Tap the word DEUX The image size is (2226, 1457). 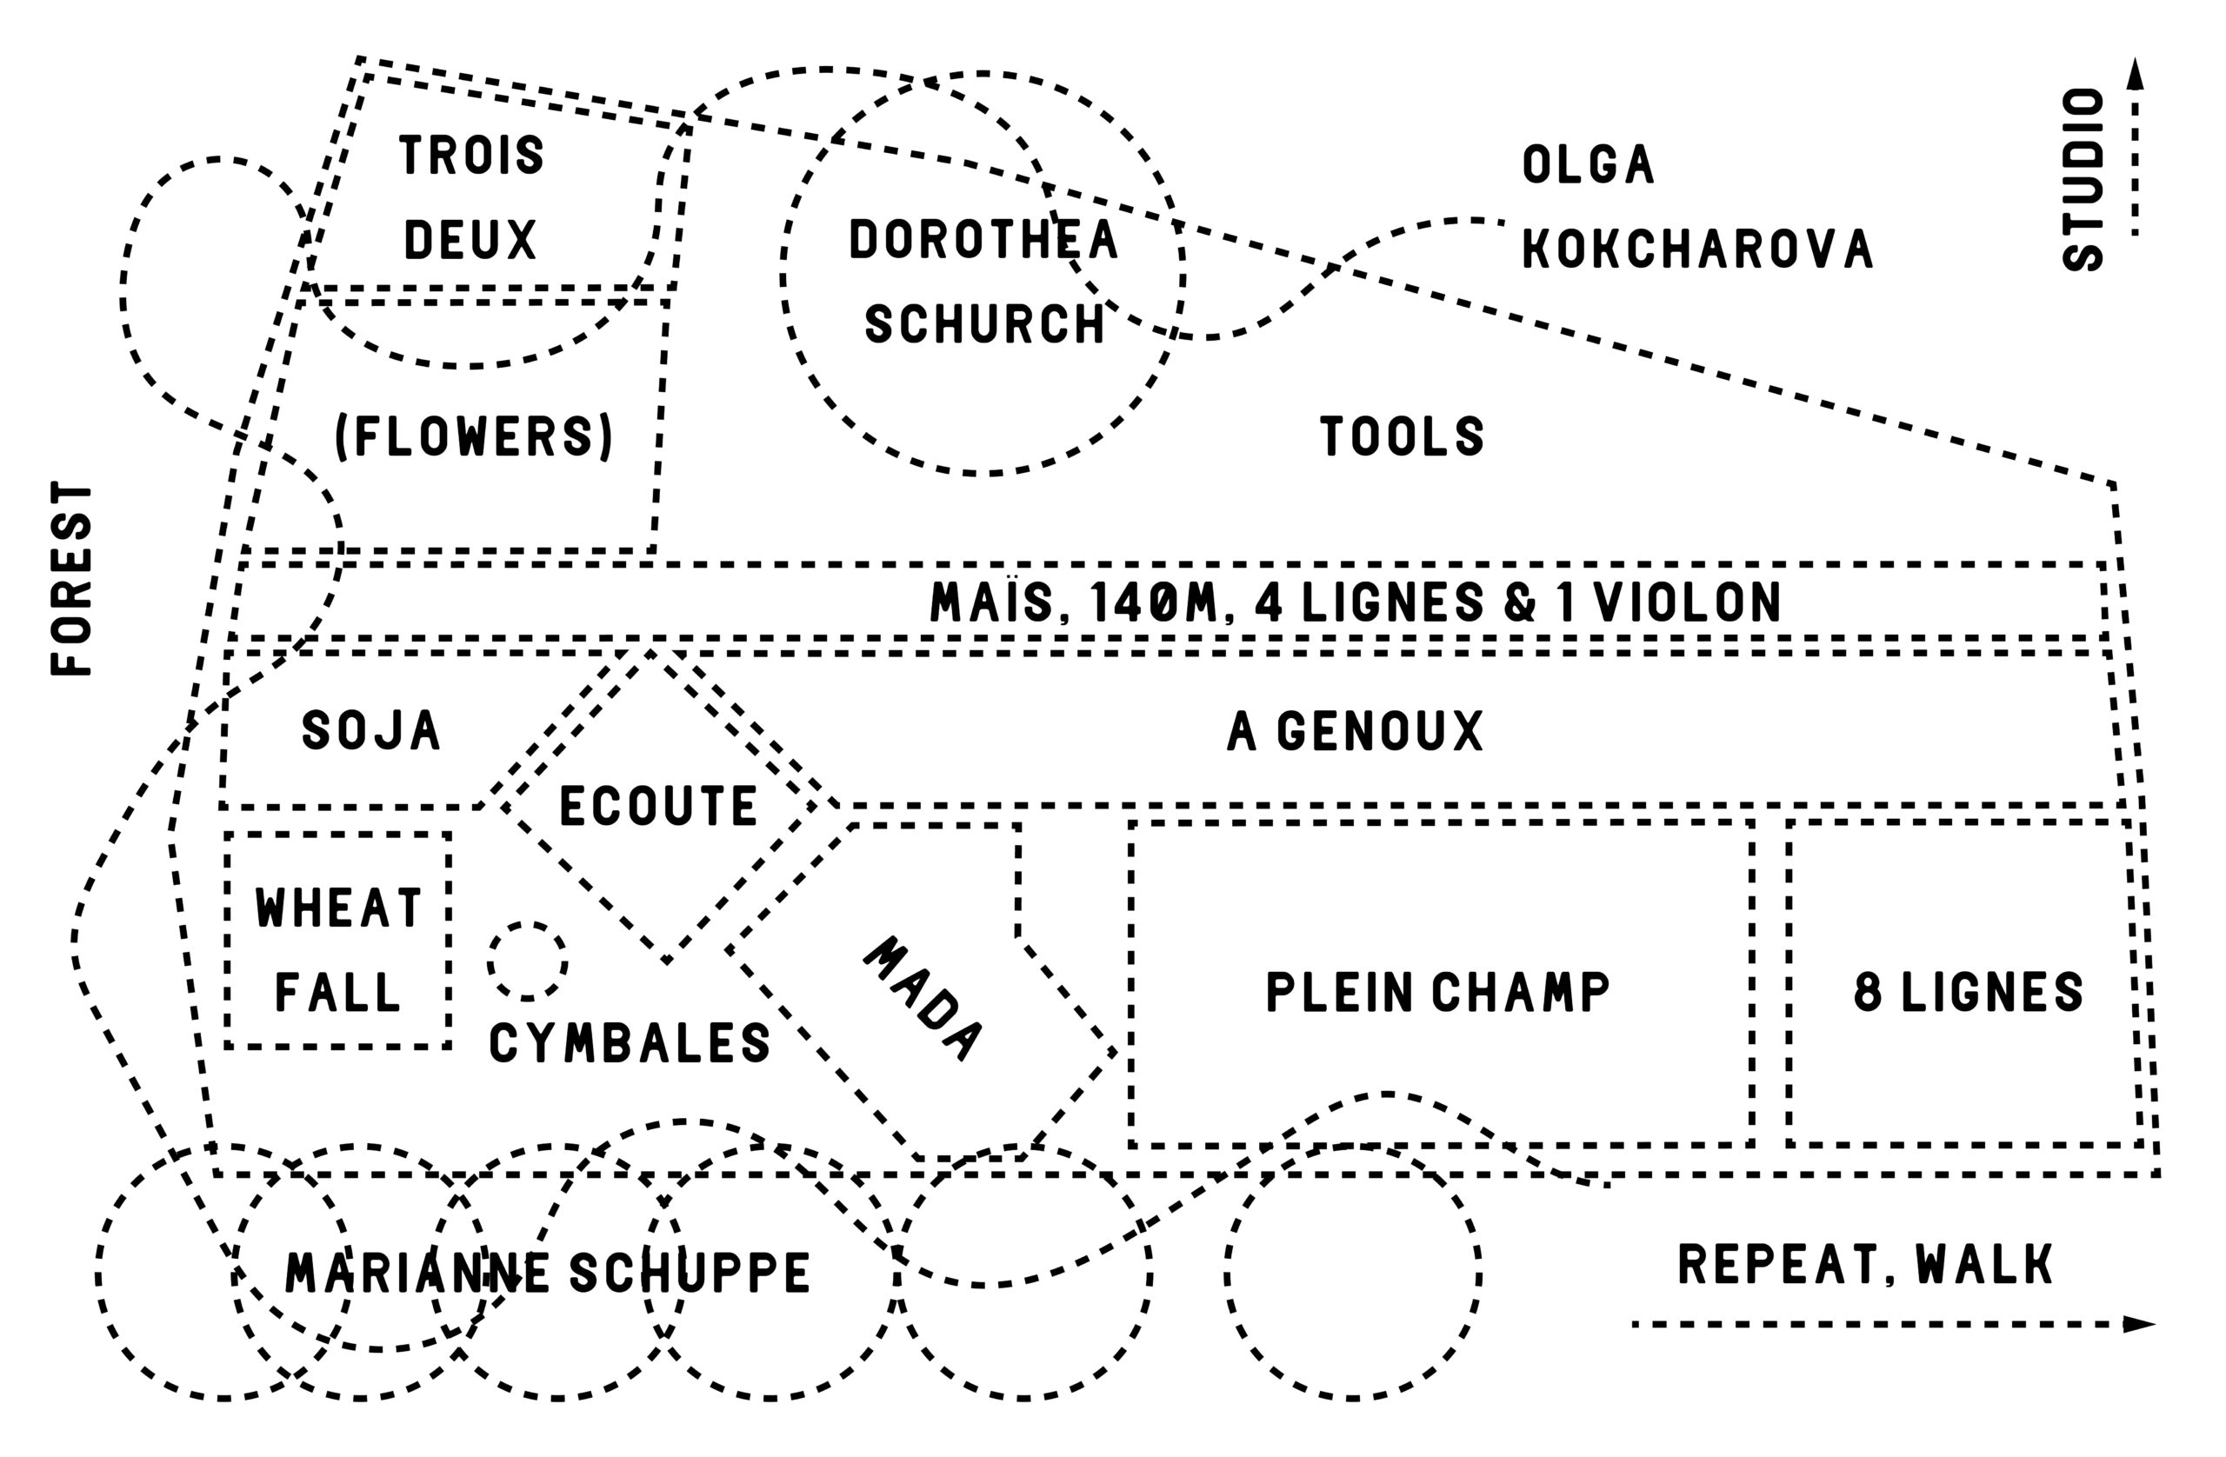tap(470, 239)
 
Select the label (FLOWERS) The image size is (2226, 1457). tap(474, 436)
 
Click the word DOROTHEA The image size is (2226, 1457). tap(983, 239)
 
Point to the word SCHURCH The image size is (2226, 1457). tap(985, 323)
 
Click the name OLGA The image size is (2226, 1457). tap(1588, 164)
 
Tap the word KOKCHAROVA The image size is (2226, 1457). tap(1697, 249)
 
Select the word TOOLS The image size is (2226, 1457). tap(1401, 436)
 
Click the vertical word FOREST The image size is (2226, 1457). tap(72, 578)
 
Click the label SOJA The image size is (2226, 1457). tap(371, 730)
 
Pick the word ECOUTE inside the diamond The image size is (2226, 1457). tap(658, 806)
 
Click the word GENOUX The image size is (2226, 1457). tap(1381, 731)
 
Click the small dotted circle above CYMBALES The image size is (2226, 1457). tap(528, 961)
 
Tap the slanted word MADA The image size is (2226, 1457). tap(923, 999)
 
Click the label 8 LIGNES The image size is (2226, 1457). tap(1968, 992)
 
